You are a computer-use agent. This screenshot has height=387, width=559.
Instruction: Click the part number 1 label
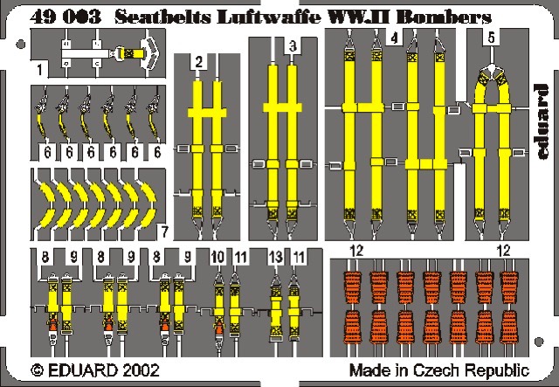coord(39,70)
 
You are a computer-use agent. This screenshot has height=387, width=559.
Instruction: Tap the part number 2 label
coord(199,62)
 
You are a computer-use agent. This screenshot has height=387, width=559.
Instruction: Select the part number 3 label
coord(293,46)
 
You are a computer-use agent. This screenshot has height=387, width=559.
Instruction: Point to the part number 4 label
coord(394,38)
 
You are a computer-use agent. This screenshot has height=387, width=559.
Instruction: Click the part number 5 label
coord(492,38)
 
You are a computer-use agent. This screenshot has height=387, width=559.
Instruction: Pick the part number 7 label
coord(163,232)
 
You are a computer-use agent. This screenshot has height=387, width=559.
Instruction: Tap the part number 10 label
coord(217,257)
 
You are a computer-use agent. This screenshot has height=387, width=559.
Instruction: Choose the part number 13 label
coord(276,257)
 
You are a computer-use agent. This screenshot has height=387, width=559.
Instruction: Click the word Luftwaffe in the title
coord(269,17)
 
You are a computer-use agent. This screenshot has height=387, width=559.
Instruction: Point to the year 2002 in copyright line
coord(141,370)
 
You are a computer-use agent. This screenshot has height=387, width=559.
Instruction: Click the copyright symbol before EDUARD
coord(37,370)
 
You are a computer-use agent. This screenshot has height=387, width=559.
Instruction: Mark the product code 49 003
coord(66,17)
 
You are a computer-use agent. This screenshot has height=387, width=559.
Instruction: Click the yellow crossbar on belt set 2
coord(207,113)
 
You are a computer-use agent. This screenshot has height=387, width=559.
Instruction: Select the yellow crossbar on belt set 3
coord(282,107)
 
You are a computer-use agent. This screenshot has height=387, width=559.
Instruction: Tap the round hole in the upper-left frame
coord(21,45)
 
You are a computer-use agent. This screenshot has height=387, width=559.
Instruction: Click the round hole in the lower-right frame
coord(539,342)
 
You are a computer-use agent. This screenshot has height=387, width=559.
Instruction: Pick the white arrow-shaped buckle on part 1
coord(150,53)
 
